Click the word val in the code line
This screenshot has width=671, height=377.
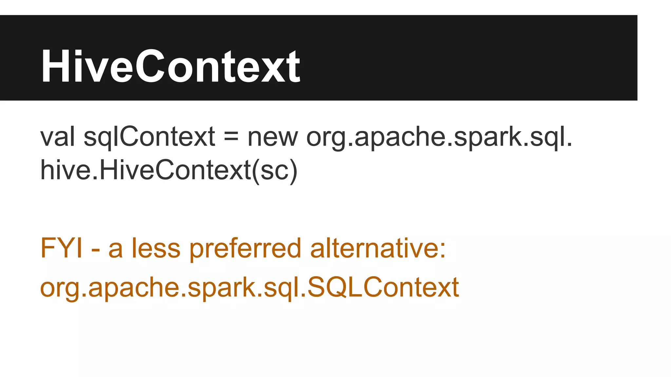pyautogui.click(x=57, y=136)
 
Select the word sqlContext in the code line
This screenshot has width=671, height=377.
pyautogui.click(x=149, y=136)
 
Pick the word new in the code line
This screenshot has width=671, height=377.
pyautogui.click(x=273, y=137)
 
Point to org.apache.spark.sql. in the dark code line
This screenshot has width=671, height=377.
pyautogui.click(x=439, y=137)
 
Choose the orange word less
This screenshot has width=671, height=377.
pyautogui.click(x=156, y=248)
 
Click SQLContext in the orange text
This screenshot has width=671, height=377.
pyautogui.click(x=383, y=287)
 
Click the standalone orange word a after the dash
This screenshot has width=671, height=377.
pyautogui.click(x=115, y=249)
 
